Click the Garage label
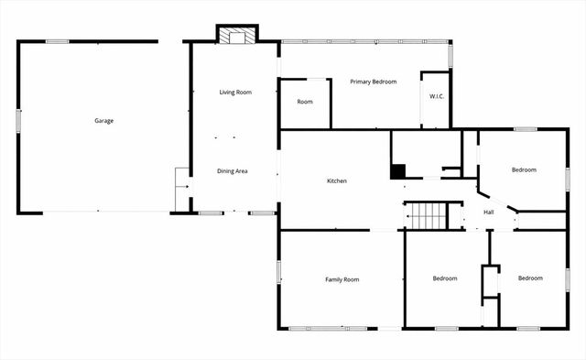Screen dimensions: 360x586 (103, 120)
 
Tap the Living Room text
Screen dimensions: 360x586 (235, 93)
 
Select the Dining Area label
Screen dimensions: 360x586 (232, 171)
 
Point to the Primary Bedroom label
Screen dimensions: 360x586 (374, 82)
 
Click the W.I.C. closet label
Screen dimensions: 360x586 (437, 97)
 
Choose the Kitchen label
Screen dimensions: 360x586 (337, 181)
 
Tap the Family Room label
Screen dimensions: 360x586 (342, 278)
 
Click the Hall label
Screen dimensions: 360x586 (489, 213)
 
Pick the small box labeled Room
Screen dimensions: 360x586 (305, 102)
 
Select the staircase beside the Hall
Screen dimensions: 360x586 (425, 216)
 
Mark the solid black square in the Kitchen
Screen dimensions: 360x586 (397, 170)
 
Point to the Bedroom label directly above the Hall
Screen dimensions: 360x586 (524, 169)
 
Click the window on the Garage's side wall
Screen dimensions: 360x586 (18, 121)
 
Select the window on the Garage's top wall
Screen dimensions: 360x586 (57, 40)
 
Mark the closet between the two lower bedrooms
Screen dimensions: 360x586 (490, 282)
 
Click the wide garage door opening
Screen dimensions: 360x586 (98, 213)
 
